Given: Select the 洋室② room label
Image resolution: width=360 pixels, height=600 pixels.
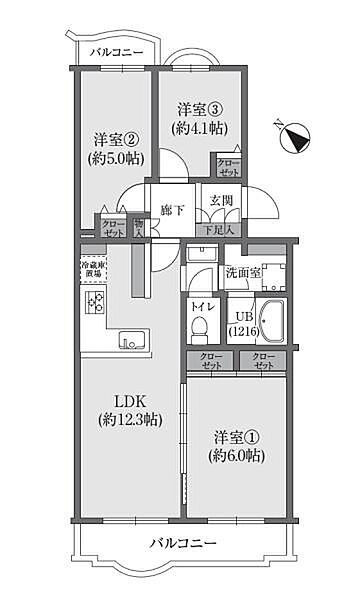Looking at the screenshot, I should click(x=116, y=139).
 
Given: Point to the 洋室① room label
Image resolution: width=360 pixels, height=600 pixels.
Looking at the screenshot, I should click(x=236, y=438).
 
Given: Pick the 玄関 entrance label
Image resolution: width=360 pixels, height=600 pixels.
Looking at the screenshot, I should click(x=219, y=207).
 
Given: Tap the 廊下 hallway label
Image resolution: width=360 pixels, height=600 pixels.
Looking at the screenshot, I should click(x=172, y=210).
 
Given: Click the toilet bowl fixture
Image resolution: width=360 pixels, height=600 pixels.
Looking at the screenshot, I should click(x=200, y=326).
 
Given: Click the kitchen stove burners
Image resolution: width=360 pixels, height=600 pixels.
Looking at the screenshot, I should click(x=96, y=303).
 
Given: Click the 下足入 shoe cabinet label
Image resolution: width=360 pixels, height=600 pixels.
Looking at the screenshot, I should click(x=219, y=231).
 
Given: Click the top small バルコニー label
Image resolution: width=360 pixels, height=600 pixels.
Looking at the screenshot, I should click(x=116, y=53).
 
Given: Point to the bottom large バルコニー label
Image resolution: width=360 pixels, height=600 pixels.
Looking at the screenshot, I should click(x=184, y=543).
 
